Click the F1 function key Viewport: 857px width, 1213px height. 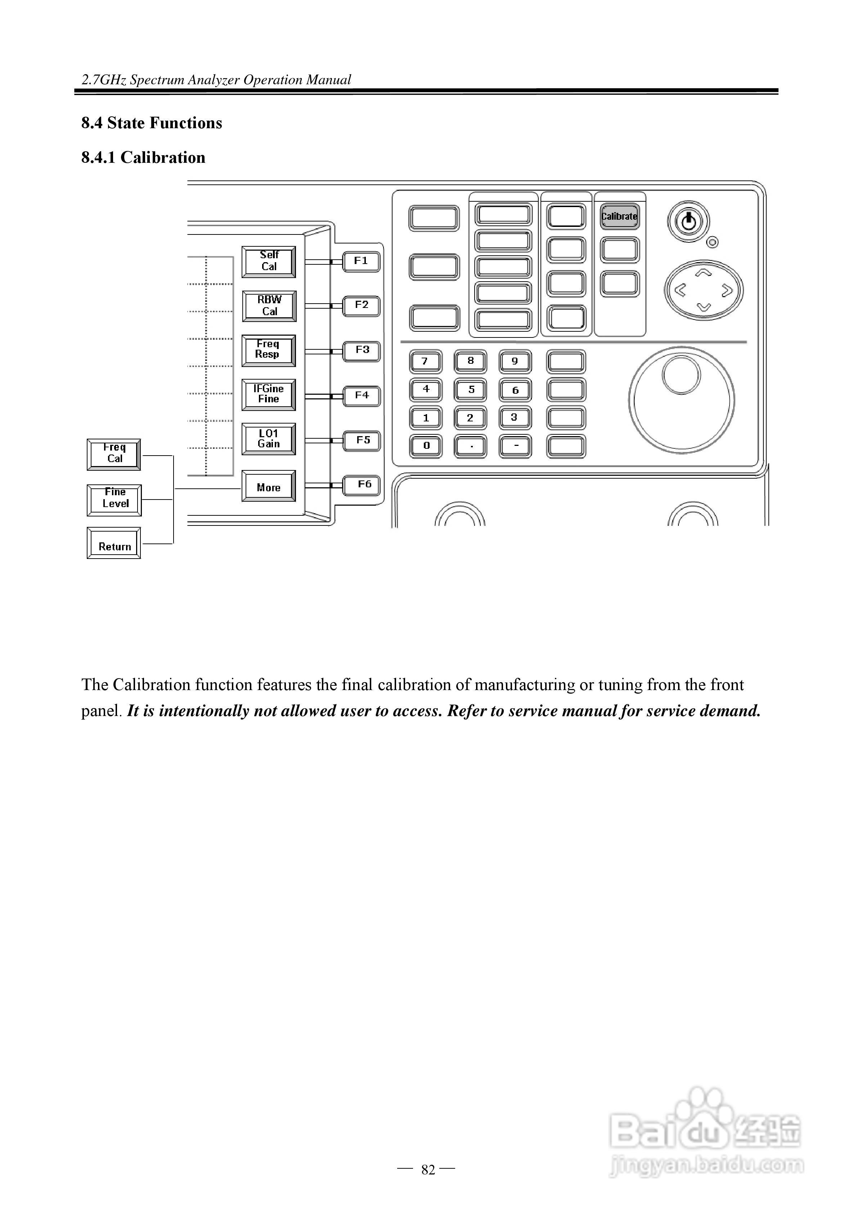pos(362,261)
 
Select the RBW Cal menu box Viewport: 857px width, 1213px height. pos(269,306)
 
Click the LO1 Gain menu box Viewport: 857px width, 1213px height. pos(268,439)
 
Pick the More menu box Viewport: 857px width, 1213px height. pos(268,487)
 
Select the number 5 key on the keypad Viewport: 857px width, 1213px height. pos(471,390)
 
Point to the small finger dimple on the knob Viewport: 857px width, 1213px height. pos(681,375)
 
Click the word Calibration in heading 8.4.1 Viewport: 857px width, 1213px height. pos(163,157)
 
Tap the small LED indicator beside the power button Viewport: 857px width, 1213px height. pos(713,242)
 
